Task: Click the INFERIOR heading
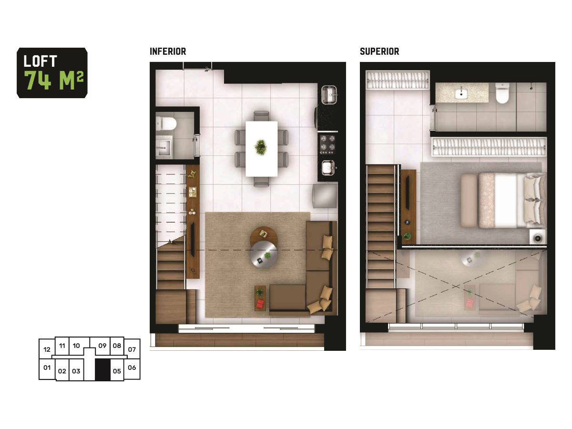[x=168, y=51]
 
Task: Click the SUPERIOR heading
[x=379, y=51]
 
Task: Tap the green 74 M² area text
[x=54, y=80]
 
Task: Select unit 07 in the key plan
[x=132, y=349]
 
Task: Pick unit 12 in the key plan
[x=47, y=349]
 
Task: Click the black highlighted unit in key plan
[x=102, y=369]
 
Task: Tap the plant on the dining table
[x=260, y=147]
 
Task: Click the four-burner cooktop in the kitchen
[x=327, y=144]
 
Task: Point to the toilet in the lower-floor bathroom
[x=166, y=123]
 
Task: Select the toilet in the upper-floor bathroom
[x=502, y=93]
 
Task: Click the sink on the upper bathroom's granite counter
[x=461, y=94]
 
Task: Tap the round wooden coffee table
[x=263, y=235]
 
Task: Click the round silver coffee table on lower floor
[x=264, y=254]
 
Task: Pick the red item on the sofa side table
[x=260, y=303]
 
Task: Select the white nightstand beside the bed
[x=538, y=237]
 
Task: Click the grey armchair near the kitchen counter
[x=325, y=196]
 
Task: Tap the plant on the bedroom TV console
[x=407, y=236]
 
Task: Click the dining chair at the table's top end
[x=261, y=116]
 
